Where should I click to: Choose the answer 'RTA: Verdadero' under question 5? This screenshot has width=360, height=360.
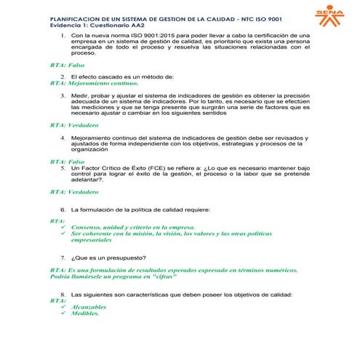click(x=74, y=192)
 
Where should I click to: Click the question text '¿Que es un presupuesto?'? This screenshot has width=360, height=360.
click(x=108, y=257)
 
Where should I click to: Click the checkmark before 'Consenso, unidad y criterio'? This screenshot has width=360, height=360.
click(x=64, y=227)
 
